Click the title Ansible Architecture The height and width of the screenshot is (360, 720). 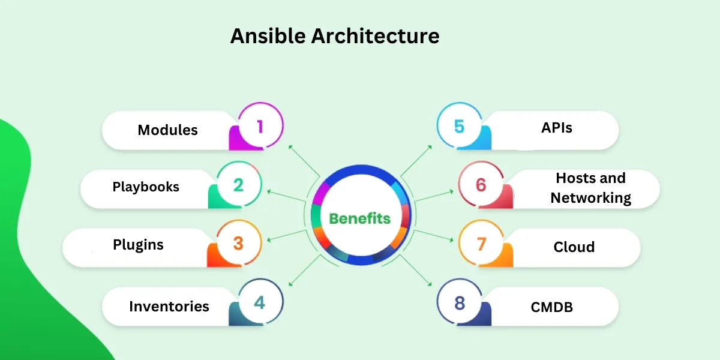(335, 36)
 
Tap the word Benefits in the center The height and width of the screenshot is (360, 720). (360, 218)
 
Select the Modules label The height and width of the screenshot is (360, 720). (167, 130)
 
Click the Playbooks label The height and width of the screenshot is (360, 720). (146, 187)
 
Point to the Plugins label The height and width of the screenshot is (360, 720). (138, 245)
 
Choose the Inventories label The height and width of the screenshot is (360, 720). (169, 306)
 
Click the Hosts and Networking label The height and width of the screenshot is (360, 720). (590, 188)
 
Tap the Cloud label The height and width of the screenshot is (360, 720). (574, 247)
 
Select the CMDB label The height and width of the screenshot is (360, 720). (551, 307)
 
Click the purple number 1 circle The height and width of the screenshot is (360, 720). (260, 127)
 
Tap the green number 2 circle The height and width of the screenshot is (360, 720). (239, 185)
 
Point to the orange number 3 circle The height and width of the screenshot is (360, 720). (239, 244)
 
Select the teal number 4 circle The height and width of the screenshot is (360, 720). (260, 303)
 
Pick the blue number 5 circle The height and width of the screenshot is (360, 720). (459, 127)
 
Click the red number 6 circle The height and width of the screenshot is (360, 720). (481, 185)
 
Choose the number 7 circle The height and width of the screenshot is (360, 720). (481, 244)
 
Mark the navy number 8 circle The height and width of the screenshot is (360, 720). (460, 303)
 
